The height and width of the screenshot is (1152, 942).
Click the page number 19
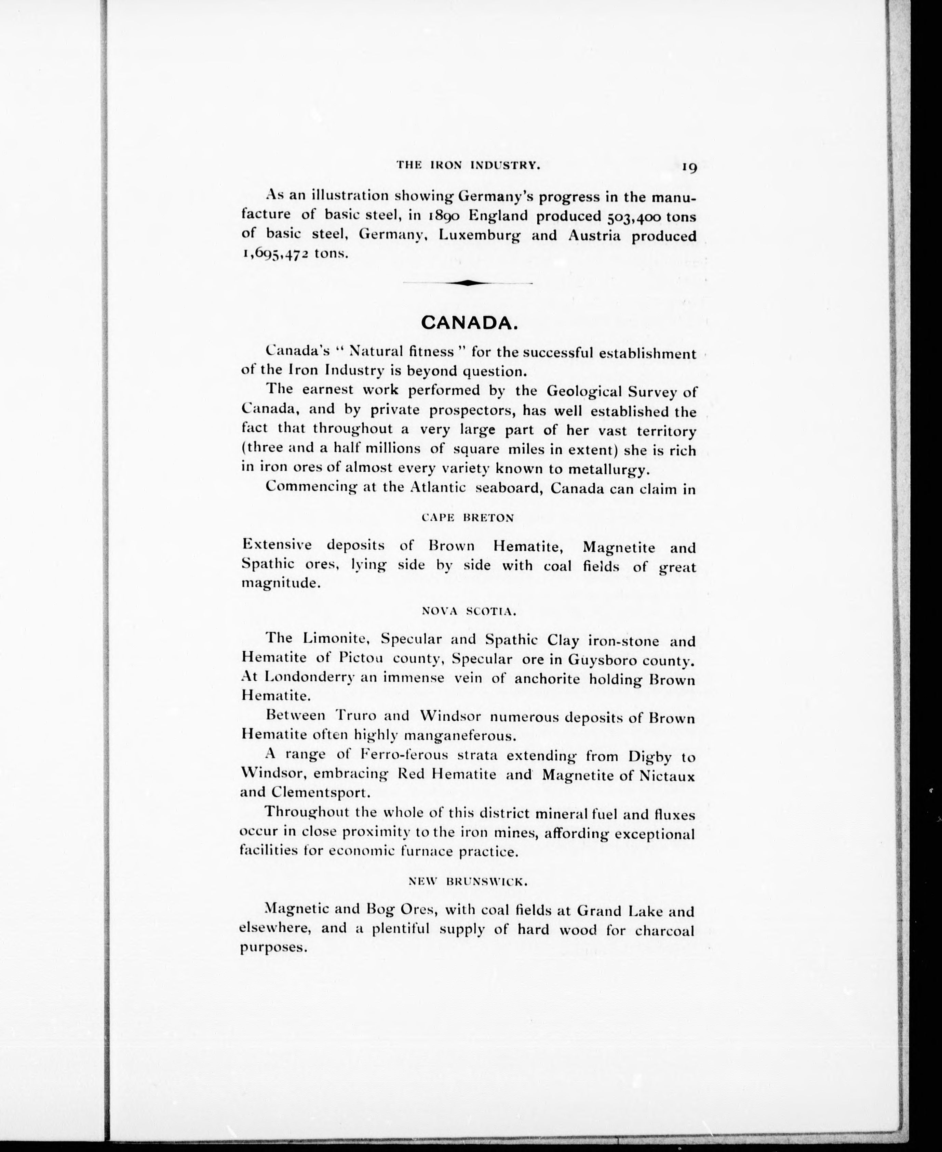689,167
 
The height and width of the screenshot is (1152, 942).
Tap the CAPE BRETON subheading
468,518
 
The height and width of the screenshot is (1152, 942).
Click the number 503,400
630,217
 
